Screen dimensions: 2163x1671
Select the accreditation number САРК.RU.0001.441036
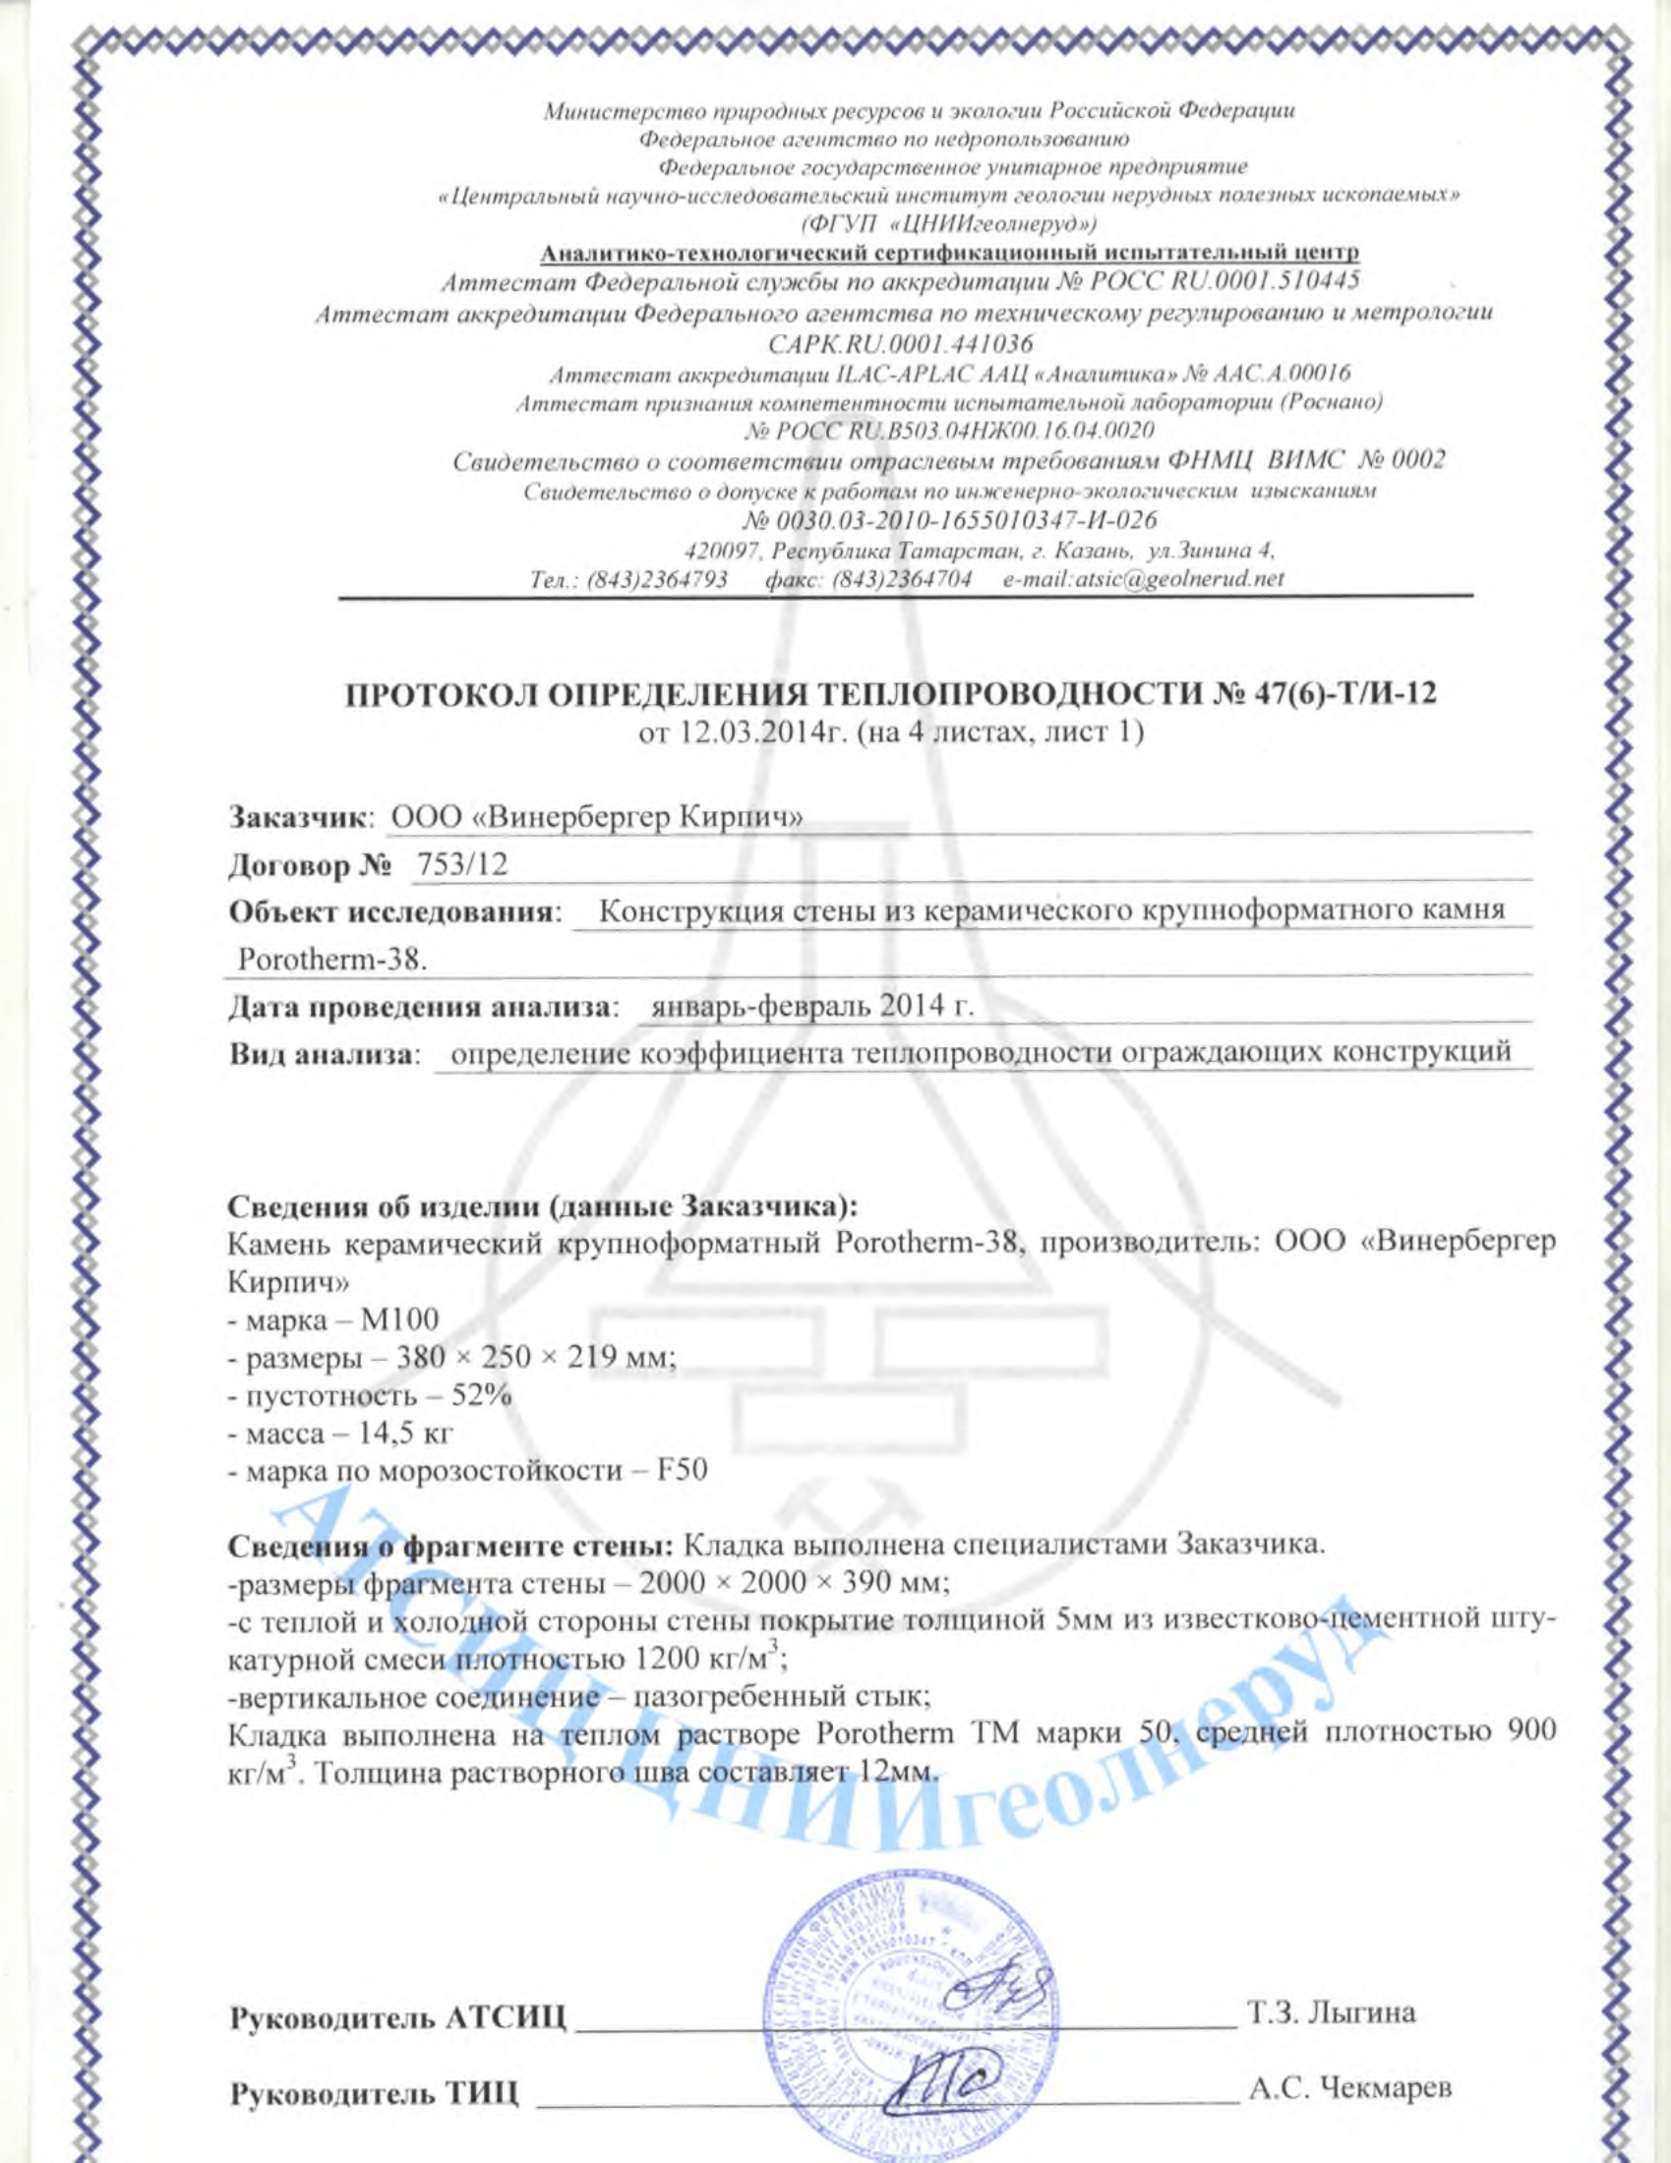(x=899, y=344)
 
